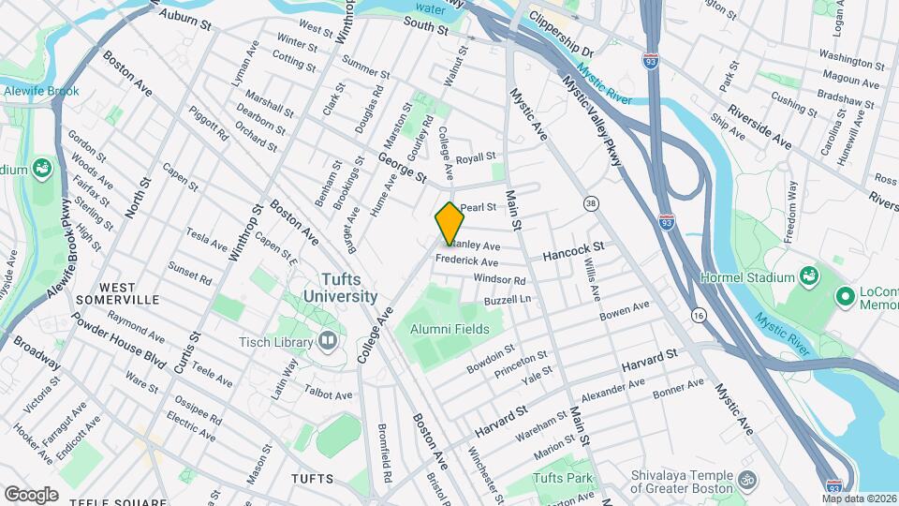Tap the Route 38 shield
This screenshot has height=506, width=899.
(x=590, y=202)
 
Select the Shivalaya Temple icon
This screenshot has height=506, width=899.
(x=746, y=480)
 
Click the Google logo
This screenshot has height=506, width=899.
(x=31, y=494)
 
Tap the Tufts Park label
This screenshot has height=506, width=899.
(x=562, y=479)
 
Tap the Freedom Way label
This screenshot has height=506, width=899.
(x=790, y=212)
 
